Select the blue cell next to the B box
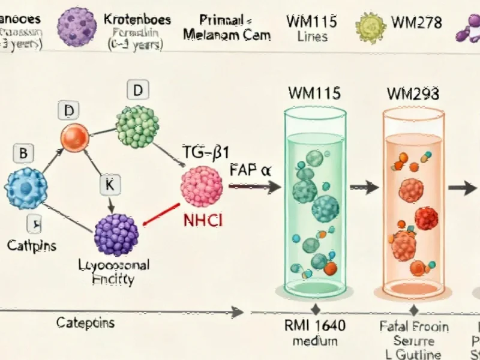point(26,188)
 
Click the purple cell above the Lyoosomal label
point(116,234)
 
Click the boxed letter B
point(23,153)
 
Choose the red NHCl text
point(202,220)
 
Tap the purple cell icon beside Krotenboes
point(77,26)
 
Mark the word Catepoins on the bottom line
point(86,323)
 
